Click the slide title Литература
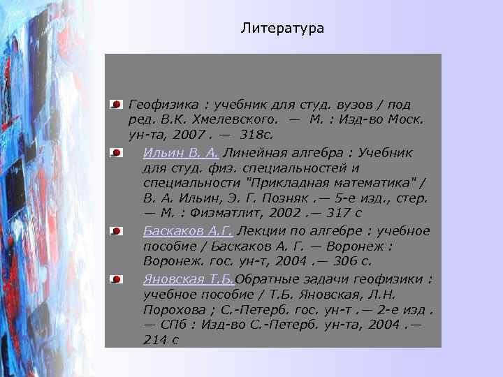[282, 29]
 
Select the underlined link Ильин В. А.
[181, 153]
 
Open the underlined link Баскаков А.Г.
[188, 231]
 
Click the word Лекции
[259, 231]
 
